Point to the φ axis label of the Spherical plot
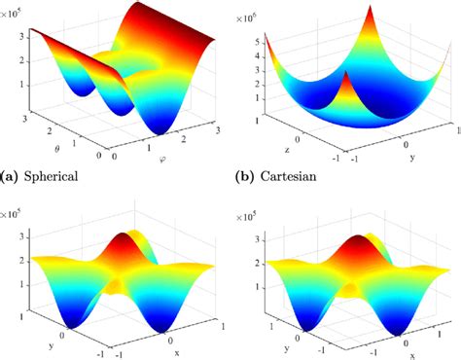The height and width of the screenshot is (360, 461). coord(160,159)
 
